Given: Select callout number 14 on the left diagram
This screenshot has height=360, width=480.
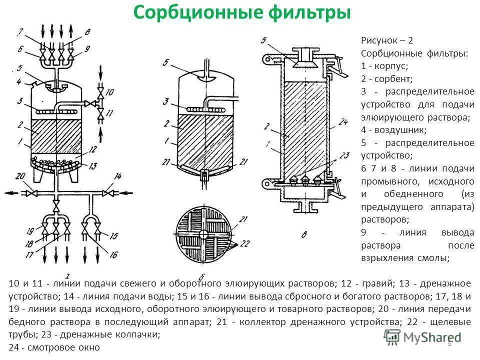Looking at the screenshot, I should (x=117, y=176).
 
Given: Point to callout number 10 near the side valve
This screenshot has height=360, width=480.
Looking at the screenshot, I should (x=111, y=91).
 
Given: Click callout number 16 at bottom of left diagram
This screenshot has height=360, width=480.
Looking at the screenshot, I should (x=113, y=254).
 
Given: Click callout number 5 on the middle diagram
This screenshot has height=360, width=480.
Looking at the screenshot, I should (x=166, y=63).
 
